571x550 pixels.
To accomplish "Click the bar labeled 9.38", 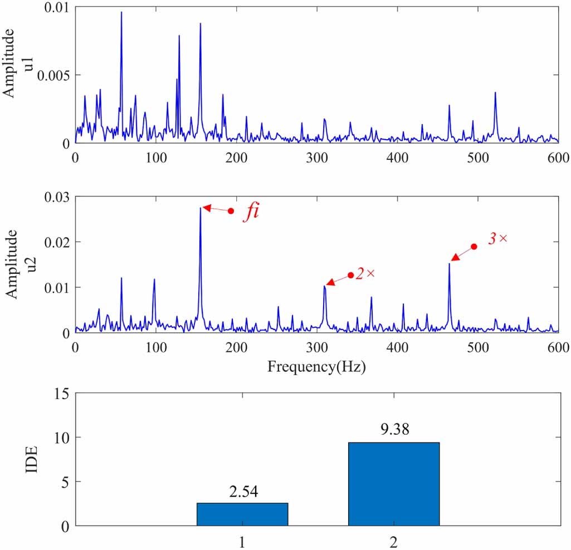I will pyautogui.click(x=394, y=484).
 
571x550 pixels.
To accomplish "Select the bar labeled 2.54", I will pyautogui.click(x=242, y=514).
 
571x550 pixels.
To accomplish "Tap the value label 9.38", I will pyautogui.click(x=394, y=430).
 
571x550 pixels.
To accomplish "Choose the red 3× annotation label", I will pyautogui.click(x=497, y=238).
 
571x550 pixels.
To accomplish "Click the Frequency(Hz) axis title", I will pyautogui.click(x=317, y=366).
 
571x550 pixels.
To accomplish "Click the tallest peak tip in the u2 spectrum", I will pyautogui.click(x=200, y=208).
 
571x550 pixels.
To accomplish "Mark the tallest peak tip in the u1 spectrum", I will pyautogui.click(x=121, y=12).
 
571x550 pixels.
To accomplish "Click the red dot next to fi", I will pyautogui.click(x=231, y=210).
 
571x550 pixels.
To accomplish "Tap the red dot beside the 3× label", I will pyautogui.click(x=474, y=247).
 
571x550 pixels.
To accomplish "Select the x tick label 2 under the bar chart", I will pyautogui.click(x=394, y=541).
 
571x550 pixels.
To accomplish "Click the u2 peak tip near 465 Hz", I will pyautogui.click(x=449, y=264).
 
